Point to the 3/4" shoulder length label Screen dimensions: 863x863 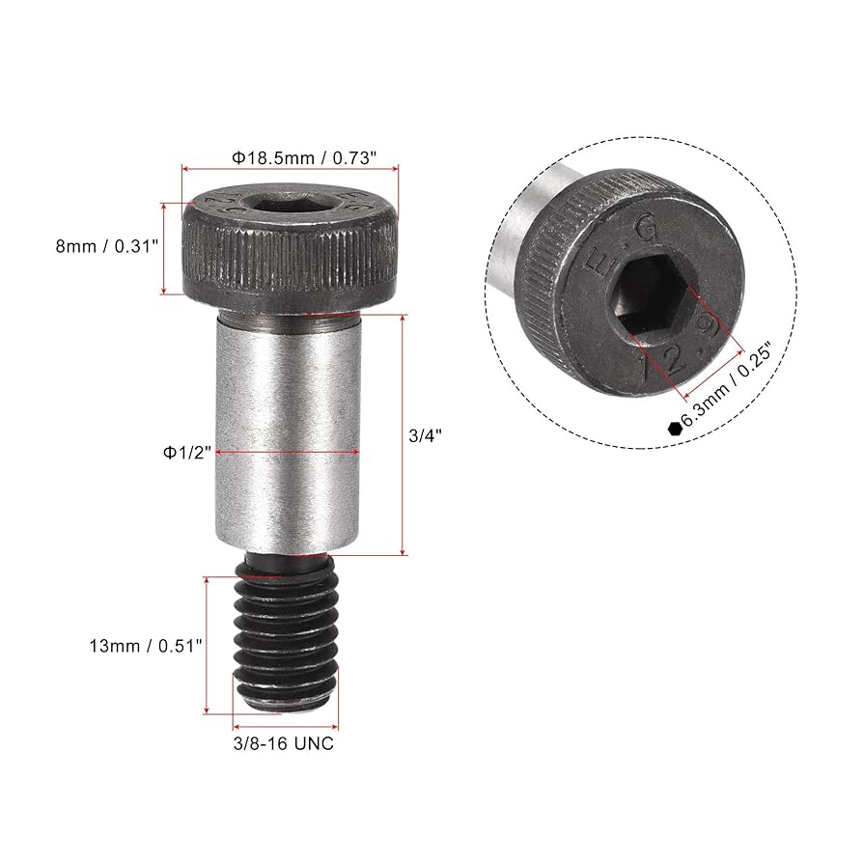(424, 435)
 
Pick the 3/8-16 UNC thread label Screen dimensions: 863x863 (285, 743)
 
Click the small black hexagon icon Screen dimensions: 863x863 (672, 429)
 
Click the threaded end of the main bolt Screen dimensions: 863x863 (286, 642)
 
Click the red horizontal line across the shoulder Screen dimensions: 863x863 (290, 452)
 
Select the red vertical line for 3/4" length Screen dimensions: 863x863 (403, 434)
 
